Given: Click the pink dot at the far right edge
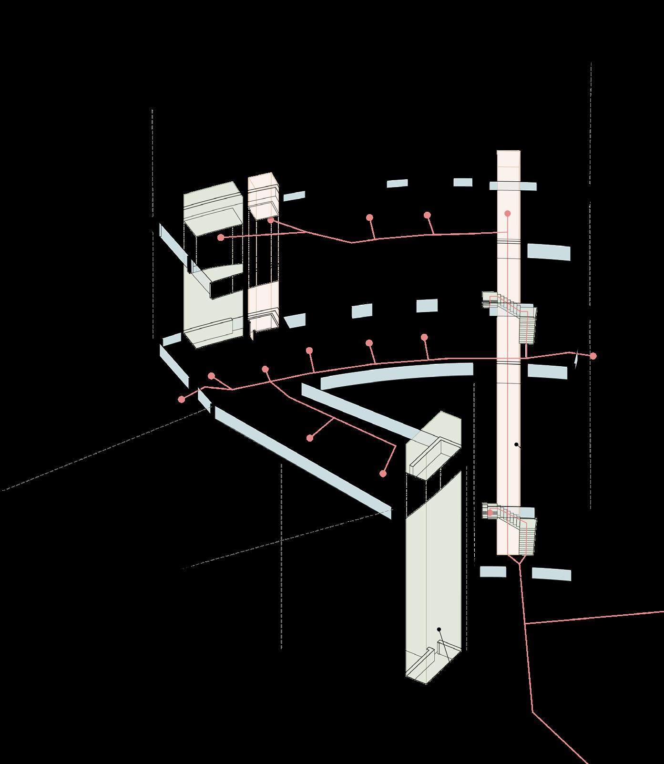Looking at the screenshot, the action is [x=593, y=356].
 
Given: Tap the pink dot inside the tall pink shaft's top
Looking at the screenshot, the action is [x=508, y=214].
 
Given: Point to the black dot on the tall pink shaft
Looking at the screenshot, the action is [x=516, y=444].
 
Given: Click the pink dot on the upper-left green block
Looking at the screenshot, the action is [x=220, y=237].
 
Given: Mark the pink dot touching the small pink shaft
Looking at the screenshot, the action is [x=270, y=220].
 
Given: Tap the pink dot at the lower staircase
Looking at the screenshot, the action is [x=490, y=513].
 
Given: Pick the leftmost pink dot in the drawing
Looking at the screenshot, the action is [x=181, y=399].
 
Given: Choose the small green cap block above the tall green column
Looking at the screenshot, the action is [x=433, y=446].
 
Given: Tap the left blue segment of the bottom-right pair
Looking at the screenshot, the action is [x=492, y=571].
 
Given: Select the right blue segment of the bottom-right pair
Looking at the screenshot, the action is [x=551, y=574].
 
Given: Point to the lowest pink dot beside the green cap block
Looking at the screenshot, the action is [x=382, y=474].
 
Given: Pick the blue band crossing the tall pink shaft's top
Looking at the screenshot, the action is [x=512, y=186].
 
